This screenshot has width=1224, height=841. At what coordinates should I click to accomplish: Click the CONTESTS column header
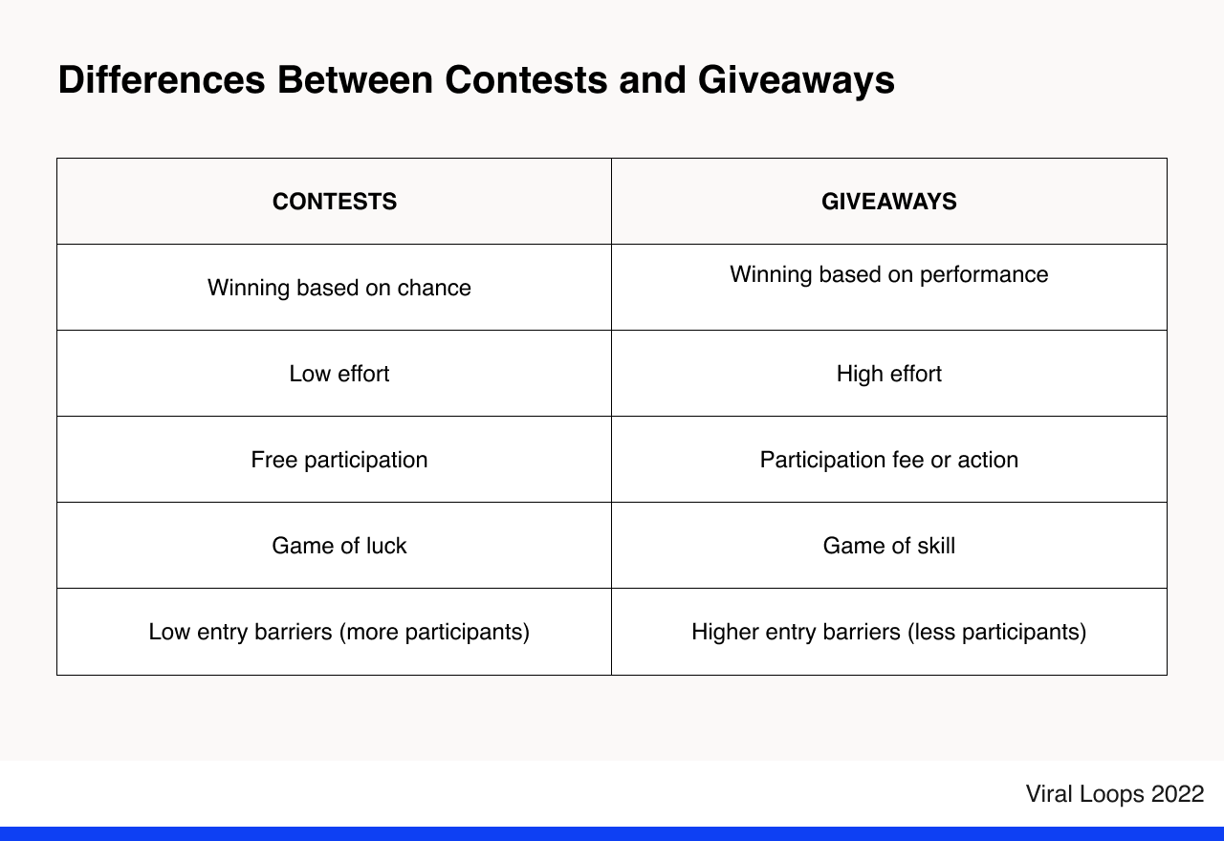(x=335, y=202)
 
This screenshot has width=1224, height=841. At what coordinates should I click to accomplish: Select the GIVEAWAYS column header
(x=888, y=202)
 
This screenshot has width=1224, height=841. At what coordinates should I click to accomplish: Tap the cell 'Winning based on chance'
(x=339, y=288)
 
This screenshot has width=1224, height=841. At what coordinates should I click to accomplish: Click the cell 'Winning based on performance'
(x=888, y=275)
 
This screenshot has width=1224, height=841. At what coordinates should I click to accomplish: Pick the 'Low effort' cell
(x=339, y=374)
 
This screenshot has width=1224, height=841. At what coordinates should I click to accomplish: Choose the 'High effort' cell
(x=888, y=374)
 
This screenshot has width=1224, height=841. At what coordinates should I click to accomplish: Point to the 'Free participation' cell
(x=339, y=460)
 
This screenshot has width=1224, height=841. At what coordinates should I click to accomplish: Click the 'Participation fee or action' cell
(x=888, y=460)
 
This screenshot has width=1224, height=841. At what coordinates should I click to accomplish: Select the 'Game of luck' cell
(x=339, y=546)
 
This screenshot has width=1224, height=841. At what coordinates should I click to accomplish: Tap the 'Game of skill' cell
(x=888, y=546)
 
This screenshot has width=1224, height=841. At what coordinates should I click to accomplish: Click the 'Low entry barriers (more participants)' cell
(x=339, y=632)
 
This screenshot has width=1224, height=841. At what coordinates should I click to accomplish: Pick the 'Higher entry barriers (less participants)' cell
(x=888, y=632)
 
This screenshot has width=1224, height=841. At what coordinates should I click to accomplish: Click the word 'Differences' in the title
(x=161, y=80)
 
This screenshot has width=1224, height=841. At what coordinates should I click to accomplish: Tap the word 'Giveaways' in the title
(x=796, y=80)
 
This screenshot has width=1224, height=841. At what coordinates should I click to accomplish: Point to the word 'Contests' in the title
(x=525, y=80)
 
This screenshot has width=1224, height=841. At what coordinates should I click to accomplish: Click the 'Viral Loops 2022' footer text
(x=1114, y=794)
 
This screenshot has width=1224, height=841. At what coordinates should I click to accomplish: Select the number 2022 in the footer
(x=1177, y=794)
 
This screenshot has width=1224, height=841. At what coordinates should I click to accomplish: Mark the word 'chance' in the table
(x=436, y=288)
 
